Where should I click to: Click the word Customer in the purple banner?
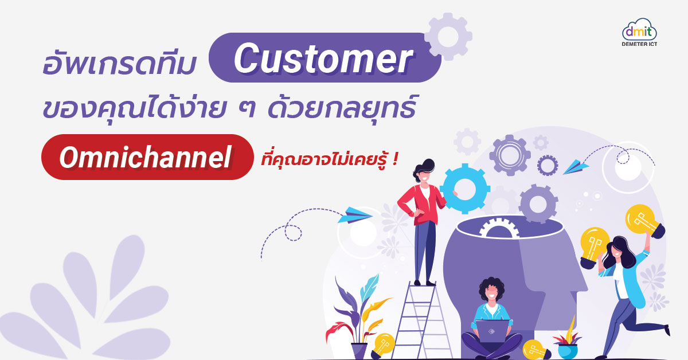point(323,58)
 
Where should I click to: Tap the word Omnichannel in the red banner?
point(146,157)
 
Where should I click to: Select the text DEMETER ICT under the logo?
point(639,44)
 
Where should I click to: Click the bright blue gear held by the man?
point(465,188)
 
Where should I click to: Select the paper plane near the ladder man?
point(355,215)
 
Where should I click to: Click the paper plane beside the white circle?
point(576,167)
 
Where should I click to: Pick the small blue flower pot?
point(568,351)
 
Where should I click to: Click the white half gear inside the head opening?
point(499,228)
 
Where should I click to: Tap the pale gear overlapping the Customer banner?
point(448,37)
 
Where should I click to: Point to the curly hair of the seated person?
point(491,287)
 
